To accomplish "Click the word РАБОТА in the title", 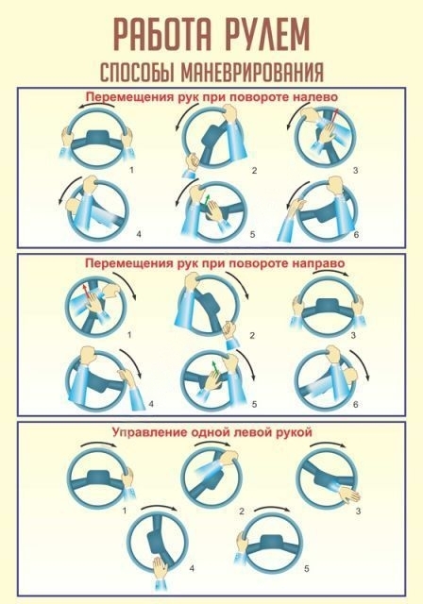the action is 162,34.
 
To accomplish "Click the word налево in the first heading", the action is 315,96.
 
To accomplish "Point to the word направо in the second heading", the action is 318,263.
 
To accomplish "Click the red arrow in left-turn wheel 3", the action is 333,117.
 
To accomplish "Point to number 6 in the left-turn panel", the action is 356,234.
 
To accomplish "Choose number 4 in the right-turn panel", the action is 151,404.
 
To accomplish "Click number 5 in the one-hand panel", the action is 307,568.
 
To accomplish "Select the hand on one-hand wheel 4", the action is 161,567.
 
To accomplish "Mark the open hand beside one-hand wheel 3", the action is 349,495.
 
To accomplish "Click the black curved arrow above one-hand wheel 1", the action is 98,443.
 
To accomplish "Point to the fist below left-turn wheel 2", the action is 192,160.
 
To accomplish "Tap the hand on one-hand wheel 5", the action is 243,545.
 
